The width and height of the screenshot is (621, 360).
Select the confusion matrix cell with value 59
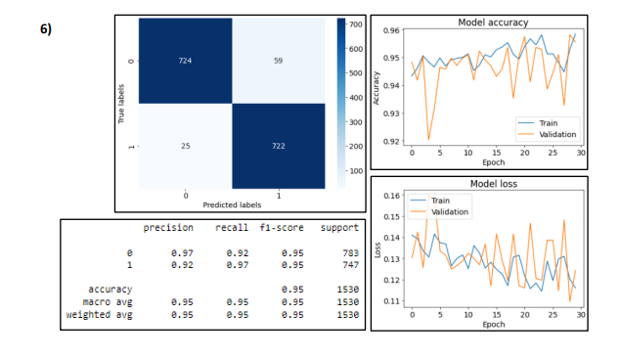tap(280, 61)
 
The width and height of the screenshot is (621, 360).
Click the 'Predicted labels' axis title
tap(232, 203)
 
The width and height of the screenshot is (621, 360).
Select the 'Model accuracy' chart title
tap(493, 22)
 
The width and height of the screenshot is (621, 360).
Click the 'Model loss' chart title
tap(494, 183)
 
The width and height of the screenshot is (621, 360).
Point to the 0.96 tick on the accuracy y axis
tap(388, 30)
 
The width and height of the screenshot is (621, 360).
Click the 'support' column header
tap(340, 228)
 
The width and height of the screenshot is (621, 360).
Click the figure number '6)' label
tap(45, 28)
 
